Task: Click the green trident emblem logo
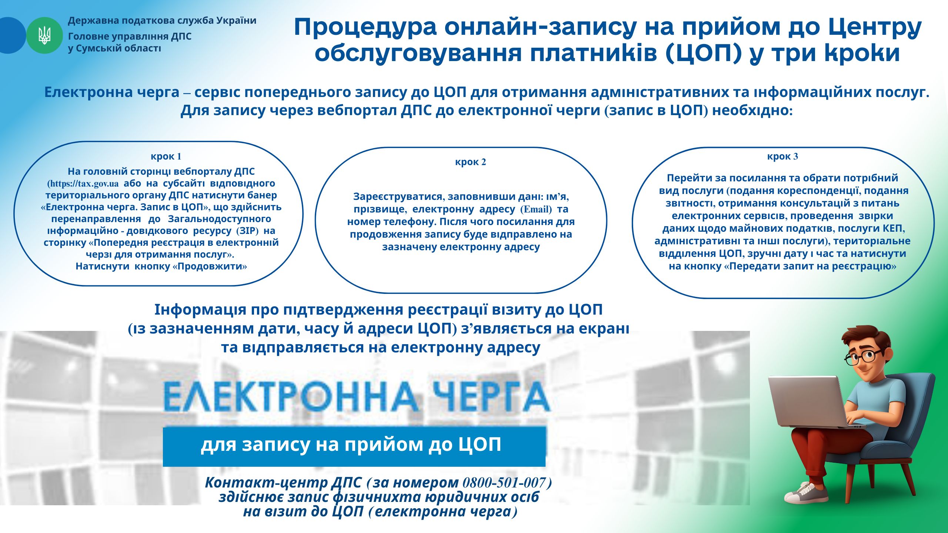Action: coord(44,36)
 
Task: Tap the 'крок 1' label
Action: coord(166,156)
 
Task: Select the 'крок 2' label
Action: coord(470,162)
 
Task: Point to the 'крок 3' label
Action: coord(782,156)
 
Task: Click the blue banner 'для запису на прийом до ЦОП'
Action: coord(354,447)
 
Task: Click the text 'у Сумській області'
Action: coord(114,48)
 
